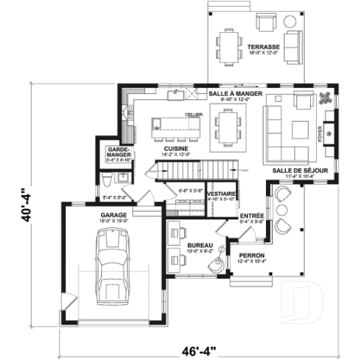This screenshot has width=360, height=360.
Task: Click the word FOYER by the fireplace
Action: (319, 133)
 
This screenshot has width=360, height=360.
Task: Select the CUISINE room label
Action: (177, 149)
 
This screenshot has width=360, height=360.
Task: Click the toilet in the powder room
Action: (106, 181)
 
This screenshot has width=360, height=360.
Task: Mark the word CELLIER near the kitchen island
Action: (194, 115)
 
